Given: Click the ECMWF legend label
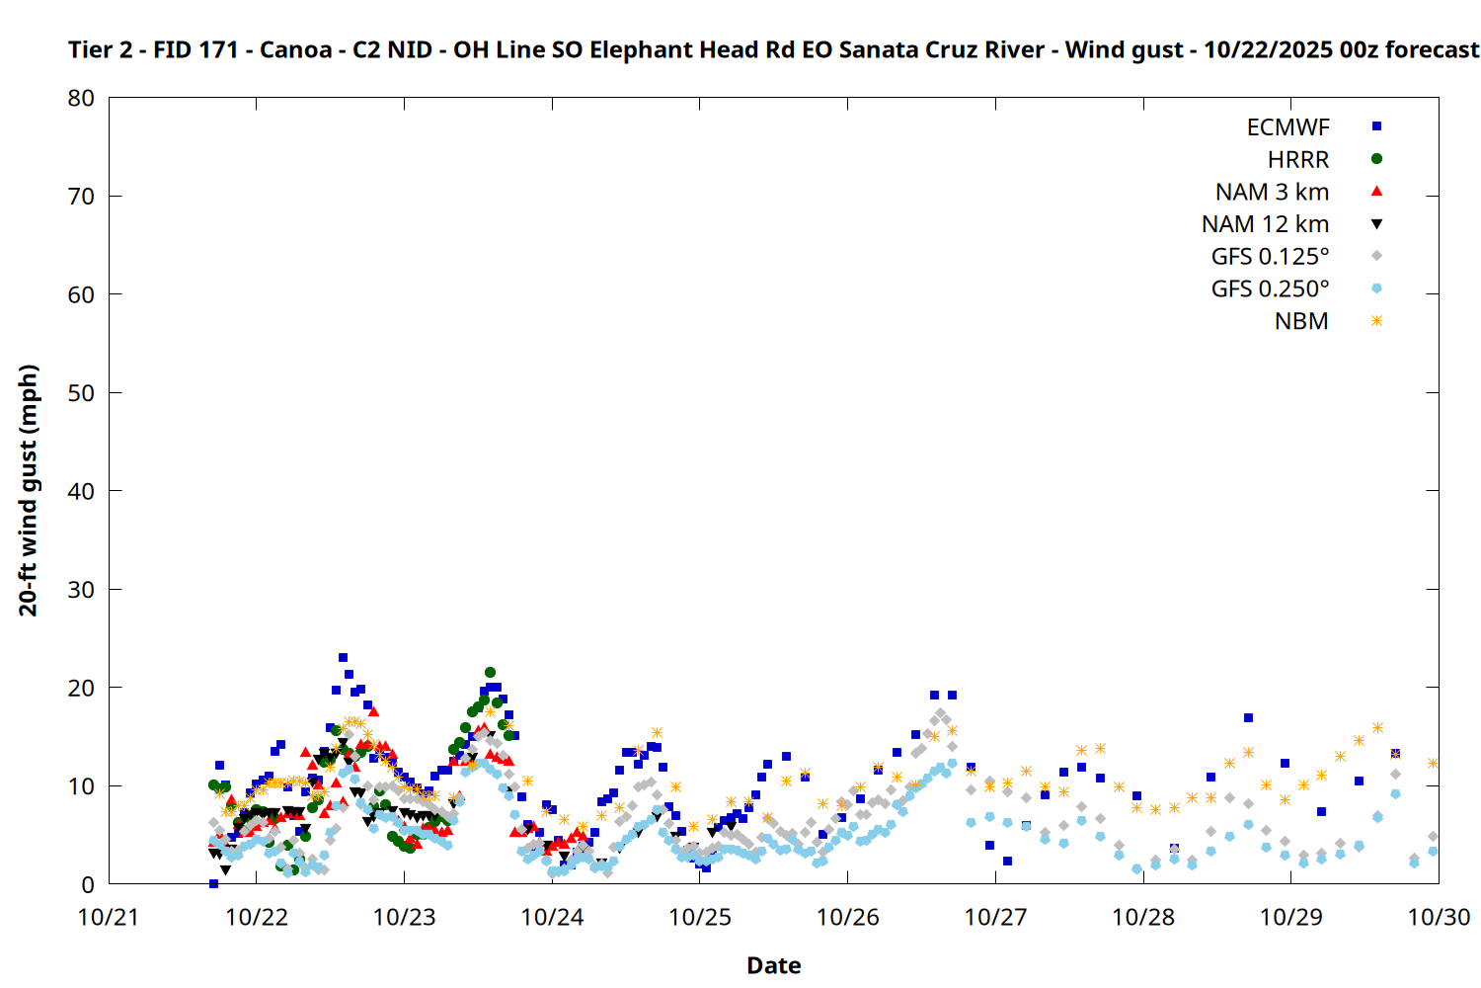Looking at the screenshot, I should pyautogui.click(x=1287, y=127).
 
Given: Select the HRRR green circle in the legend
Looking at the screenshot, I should pyautogui.click(x=1376, y=159).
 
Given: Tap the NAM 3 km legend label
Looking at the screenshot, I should pyautogui.click(x=1272, y=192).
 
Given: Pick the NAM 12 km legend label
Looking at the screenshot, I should pyautogui.click(x=1265, y=224).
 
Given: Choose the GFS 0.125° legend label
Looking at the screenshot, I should pyautogui.click(x=1270, y=257).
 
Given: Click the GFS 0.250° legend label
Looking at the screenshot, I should pyautogui.click(x=1270, y=289).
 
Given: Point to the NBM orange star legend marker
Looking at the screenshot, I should pyautogui.click(x=1376, y=321).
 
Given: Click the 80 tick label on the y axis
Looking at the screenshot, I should pyautogui.click(x=82, y=98).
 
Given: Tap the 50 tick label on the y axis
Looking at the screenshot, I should pyautogui.click(x=82, y=393).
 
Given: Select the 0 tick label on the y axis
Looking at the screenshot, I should pyautogui.click(x=89, y=885).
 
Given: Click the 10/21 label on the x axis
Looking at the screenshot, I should pyautogui.click(x=109, y=917).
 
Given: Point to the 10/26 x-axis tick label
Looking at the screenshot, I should pyautogui.click(x=847, y=917).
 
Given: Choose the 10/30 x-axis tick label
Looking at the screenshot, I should pyautogui.click(x=1439, y=917).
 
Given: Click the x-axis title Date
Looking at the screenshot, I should pyautogui.click(x=773, y=965).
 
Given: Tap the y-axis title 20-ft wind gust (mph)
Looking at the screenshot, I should pyautogui.click(x=29, y=490).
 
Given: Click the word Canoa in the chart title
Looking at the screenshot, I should pyautogui.click(x=295, y=49).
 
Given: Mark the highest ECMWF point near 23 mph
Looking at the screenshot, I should pyautogui.click(x=343, y=657).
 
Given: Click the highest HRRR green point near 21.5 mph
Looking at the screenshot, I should pyautogui.click(x=490, y=672).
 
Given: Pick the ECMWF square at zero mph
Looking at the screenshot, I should pyautogui.click(x=213, y=883).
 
